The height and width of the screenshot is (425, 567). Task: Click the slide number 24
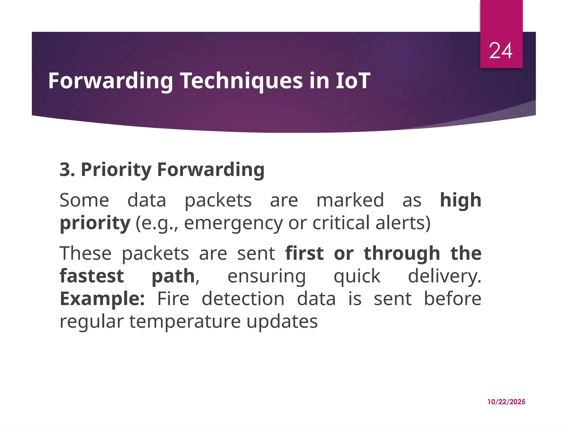coord(501,51)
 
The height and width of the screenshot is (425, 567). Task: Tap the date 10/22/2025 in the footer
coord(506,402)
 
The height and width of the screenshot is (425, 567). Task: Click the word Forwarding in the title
coord(110,81)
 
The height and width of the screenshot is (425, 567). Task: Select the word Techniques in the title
coord(242,81)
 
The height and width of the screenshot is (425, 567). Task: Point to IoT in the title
coord(353,81)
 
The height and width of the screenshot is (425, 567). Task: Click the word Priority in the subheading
coord(116,169)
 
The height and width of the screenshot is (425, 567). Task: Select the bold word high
coord(460,200)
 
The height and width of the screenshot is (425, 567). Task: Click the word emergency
coord(234,223)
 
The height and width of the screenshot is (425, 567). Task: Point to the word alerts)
coord(403,223)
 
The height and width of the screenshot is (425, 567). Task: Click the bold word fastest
coord(92,276)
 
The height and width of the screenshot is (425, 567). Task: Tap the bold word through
coord(402,253)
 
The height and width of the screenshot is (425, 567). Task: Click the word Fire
coord(173,299)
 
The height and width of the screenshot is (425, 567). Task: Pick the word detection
coord(243,299)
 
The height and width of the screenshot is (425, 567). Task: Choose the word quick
coord(357,276)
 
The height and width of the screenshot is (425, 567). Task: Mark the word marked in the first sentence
coord(350,200)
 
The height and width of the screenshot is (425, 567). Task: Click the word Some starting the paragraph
coord(84,200)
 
